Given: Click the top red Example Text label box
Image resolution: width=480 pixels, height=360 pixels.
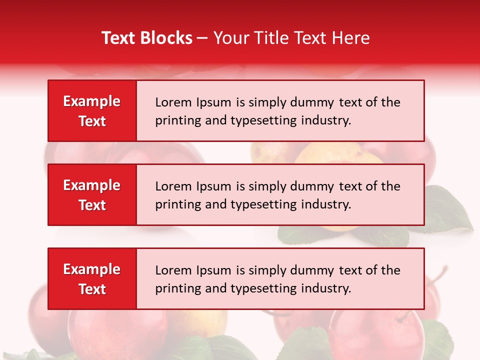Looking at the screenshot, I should pyautogui.click(x=92, y=111).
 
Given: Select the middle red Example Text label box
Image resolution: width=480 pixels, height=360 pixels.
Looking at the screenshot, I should pyautogui.click(x=92, y=195).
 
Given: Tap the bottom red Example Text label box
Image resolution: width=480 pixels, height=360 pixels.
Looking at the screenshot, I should pyautogui.click(x=92, y=279).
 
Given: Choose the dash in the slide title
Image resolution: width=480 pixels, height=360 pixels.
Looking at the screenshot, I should pyautogui.click(x=202, y=38).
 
